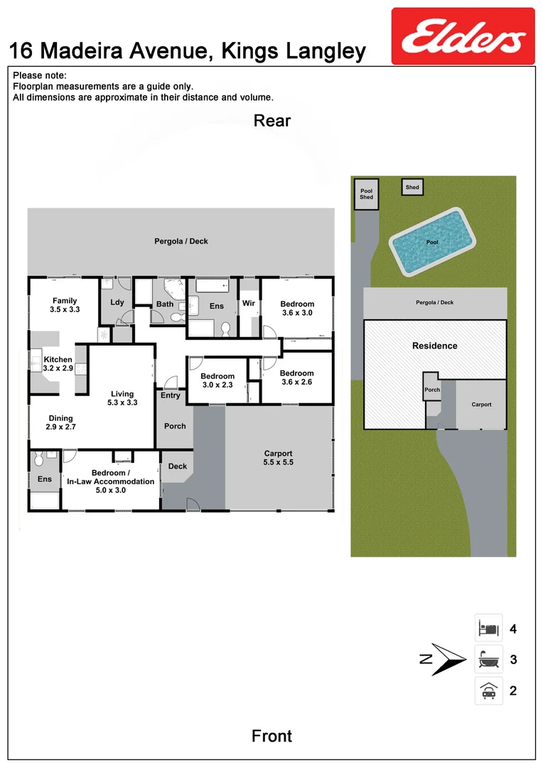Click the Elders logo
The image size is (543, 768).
[x=463, y=36]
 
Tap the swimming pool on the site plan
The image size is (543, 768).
[x=432, y=242]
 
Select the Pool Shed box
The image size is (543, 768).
[x=366, y=194]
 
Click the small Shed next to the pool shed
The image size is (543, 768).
[x=412, y=188]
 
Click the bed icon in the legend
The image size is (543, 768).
[x=488, y=629]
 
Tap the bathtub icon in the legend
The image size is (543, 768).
[x=488, y=660]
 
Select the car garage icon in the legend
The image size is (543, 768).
[x=488, y=690]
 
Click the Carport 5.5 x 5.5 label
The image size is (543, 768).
[x=279, y=458]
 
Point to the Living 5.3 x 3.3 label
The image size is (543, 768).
[x=122, y=398]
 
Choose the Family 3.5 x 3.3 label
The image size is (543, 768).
[x=65, y=305]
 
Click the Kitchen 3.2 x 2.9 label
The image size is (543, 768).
[x=58, y=364]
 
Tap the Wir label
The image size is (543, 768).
[x=249, y=304]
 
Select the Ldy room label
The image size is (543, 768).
[x=117, y=302]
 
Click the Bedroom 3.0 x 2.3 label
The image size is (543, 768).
[x=217, y=380]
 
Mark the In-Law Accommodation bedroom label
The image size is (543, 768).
[x=110, y=478]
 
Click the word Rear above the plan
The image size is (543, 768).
[x=271, y=121]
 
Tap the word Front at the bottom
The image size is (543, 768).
[x=271, y=735]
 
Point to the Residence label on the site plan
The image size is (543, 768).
[x=435, y=346]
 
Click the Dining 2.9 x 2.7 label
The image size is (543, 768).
[x=62, y=423]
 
